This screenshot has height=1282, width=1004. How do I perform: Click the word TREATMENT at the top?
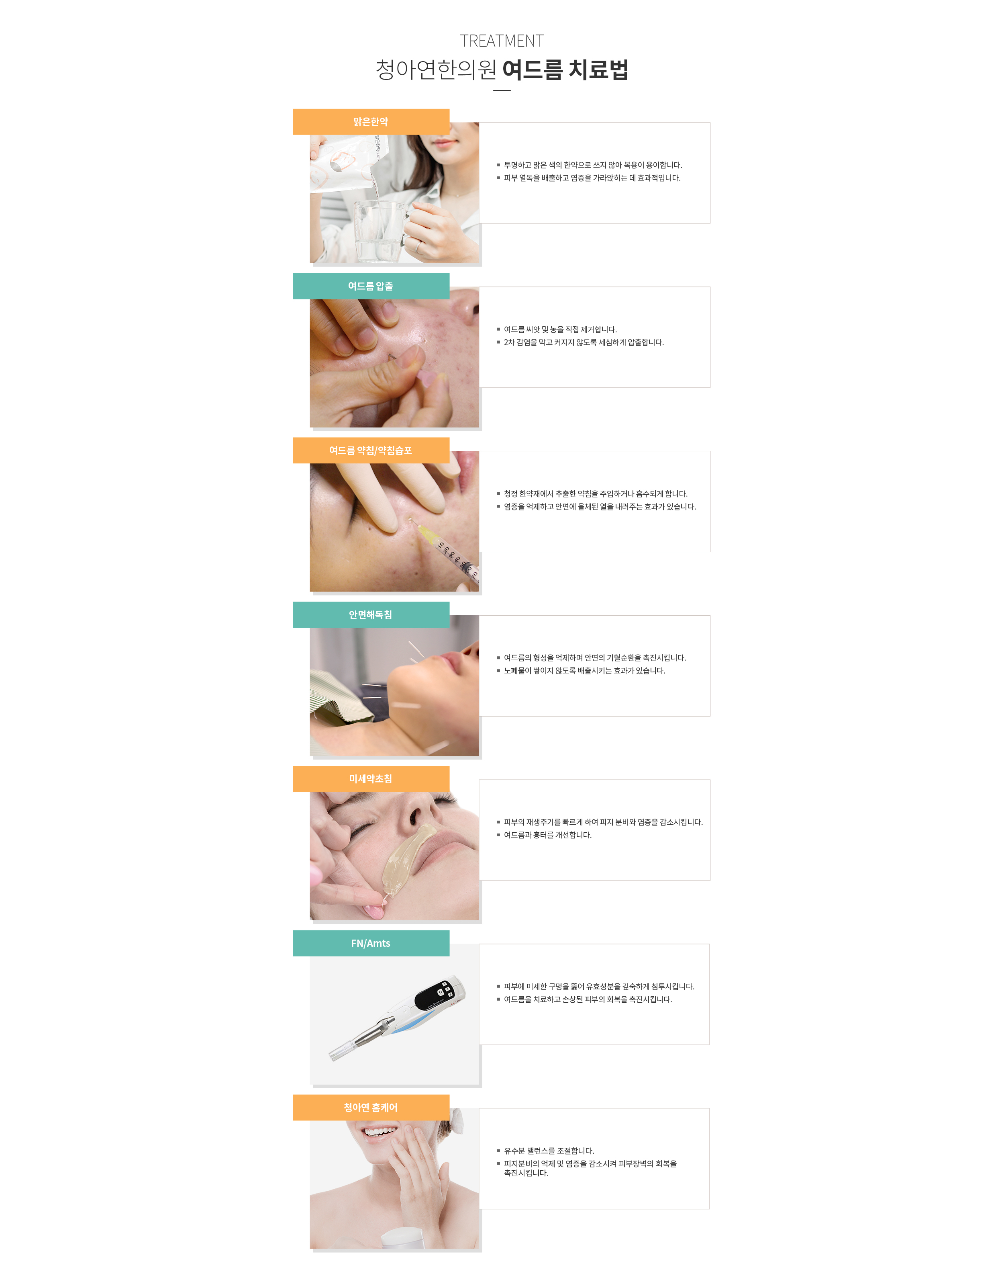502,41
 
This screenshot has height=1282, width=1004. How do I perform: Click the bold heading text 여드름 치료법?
565,70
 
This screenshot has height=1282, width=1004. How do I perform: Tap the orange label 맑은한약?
371,122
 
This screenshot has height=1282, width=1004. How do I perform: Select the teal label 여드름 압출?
371,286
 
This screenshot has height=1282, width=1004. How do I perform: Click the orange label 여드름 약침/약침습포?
371,451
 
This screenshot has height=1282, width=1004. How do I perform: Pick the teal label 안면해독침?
371,614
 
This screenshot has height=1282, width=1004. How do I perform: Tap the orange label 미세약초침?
371,778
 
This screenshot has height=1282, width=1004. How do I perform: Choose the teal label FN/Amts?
371,943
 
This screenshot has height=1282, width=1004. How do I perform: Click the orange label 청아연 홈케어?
371,1107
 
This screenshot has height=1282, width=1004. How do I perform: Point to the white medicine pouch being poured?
343,165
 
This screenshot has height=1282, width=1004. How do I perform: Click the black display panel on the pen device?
435,994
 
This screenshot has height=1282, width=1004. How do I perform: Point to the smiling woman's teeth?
380,1131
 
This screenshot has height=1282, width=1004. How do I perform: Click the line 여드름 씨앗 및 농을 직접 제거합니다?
560,329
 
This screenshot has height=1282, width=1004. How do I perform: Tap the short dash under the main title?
502,90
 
